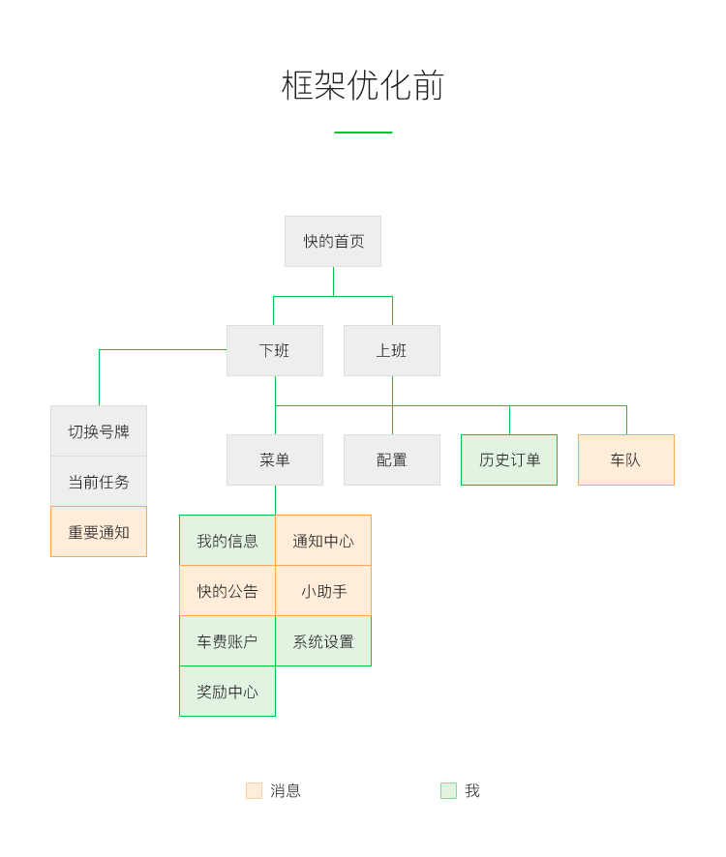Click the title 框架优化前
tap(363, 85)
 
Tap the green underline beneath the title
tap(363, 133)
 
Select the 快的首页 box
tap(333, 241)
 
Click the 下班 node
tap(275, 350)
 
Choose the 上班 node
tap(392, 350)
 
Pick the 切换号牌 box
tap(99, 431)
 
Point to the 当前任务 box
tap(99, 482)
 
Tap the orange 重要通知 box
tap(99, 532)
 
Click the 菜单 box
tap(275, 459)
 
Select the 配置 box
tap(392, 459)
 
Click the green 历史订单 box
tap(509, 459)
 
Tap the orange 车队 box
tap(626, 459)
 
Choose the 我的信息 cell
tap(227, 541)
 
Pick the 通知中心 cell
tap(323, 541)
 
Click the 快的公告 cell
tap(227, 591)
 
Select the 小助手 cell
tap(323, 591)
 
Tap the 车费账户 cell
tap(227, 641)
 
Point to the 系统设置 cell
tap(323, 641)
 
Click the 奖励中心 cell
tap(227, 692)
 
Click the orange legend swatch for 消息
tap(255, 790)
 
